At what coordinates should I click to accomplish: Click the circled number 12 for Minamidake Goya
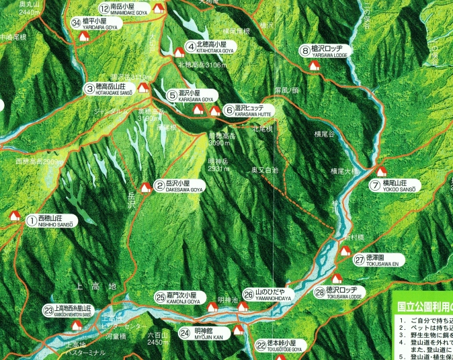104,9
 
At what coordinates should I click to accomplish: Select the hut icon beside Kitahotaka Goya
179,52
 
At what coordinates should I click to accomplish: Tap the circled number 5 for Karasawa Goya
172,95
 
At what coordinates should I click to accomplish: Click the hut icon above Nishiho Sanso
15,216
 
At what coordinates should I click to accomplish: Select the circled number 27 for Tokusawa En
360,259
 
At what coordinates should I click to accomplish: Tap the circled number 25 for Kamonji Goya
160,297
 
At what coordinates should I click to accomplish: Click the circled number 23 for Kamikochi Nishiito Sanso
48,310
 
